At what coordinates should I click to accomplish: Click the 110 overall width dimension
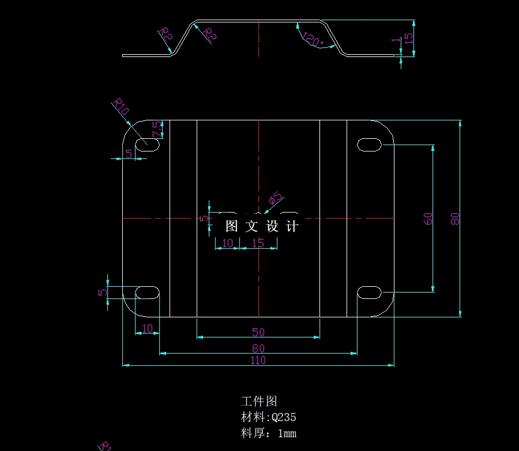coord(258,360)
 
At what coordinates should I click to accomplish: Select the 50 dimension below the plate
coord(258,332)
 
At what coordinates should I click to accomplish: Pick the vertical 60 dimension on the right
coord(428,218)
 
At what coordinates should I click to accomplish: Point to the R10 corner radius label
coord(121,107)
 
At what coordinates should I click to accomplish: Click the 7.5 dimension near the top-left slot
coord(156,130)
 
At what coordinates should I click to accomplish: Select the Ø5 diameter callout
coord(276,199)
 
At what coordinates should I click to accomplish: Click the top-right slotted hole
coord(370,144)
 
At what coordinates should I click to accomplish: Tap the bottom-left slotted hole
coord(148,292)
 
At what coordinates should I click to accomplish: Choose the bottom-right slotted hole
coord(370,293)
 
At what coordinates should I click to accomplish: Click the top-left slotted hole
coord(148,144)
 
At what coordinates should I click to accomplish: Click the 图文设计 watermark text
coord(262,226)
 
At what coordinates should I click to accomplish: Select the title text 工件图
coord(259,401)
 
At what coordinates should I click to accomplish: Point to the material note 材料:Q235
coord(268,417)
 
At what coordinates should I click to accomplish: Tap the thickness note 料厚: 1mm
coord(268,433)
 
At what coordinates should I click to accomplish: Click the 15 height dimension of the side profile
coord(409,38)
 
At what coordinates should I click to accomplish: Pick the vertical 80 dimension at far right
coord(455,218)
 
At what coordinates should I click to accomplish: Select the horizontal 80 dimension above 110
coord(258,348)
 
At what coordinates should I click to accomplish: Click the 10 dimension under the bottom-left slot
coord(148,328)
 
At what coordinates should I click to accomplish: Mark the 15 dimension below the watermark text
coord(258,243)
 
